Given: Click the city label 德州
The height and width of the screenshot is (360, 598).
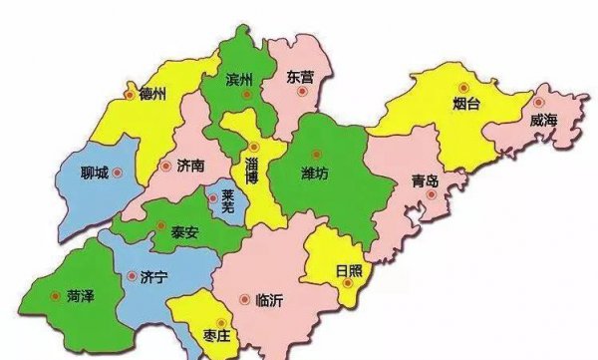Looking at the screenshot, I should click(152, 95).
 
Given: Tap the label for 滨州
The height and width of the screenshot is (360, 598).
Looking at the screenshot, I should click(240, 79).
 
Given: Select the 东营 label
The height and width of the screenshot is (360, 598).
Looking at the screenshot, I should click(299, 76).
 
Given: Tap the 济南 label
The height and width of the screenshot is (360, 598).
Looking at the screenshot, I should click(189, 167).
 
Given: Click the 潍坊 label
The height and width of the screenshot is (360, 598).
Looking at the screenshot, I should click(314, 173).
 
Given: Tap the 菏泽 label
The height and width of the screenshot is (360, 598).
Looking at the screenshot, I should click(82, 295).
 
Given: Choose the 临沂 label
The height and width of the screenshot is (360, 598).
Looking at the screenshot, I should click(270, 298).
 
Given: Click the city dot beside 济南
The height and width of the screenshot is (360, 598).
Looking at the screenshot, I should click(164, 167).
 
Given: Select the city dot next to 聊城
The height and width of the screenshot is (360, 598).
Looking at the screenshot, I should click(116, 172).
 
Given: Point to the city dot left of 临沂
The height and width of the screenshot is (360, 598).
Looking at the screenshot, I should click(245, 297).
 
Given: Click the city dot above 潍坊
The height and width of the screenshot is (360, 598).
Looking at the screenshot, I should click(317, 154).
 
